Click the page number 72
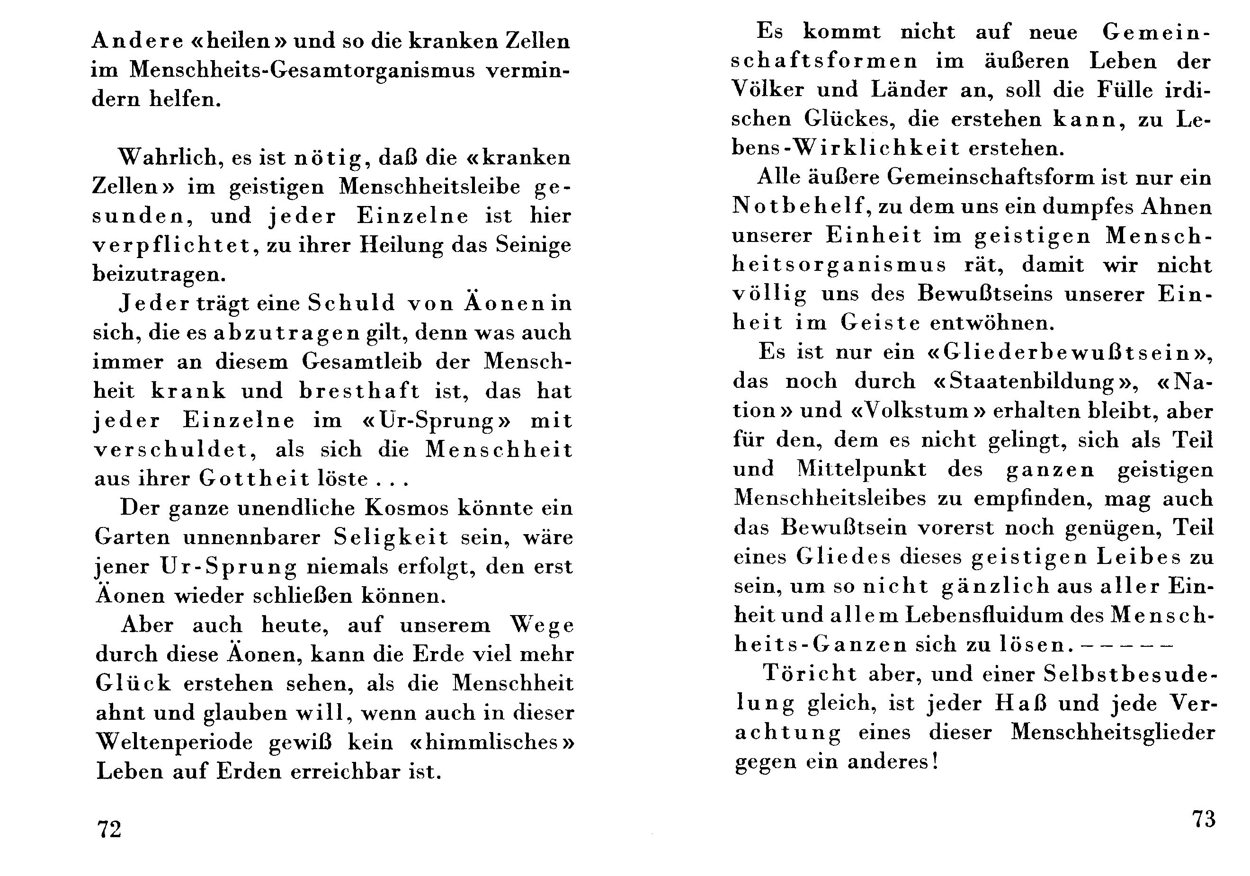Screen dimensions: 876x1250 [109, 830]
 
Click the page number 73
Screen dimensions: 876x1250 [1204, 819]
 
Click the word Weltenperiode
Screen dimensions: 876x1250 [174, 742]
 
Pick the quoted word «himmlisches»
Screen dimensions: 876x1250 [492, 742]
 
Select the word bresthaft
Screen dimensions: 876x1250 [359, 391]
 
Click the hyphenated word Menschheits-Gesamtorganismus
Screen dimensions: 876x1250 [302, 70]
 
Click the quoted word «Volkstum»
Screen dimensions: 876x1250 [919, 411]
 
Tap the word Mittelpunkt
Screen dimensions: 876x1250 [861, 469]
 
